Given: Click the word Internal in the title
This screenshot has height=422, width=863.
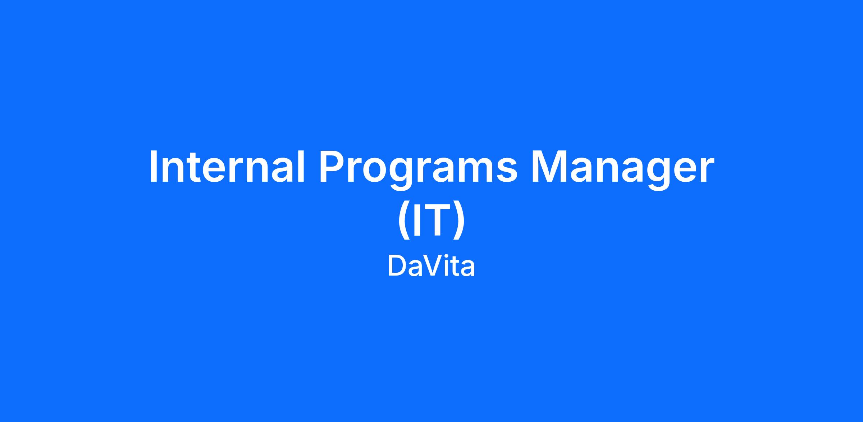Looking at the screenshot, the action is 227,166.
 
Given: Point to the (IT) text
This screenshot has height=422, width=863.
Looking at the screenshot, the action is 431,220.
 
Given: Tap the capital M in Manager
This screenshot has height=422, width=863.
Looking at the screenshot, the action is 550,166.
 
